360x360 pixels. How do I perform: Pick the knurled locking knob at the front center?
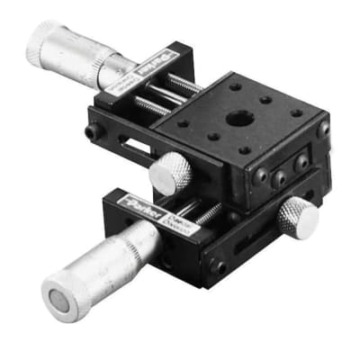[170, 173]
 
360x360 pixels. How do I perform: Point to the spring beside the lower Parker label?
[208, 214]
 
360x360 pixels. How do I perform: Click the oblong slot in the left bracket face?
[134, 145]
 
